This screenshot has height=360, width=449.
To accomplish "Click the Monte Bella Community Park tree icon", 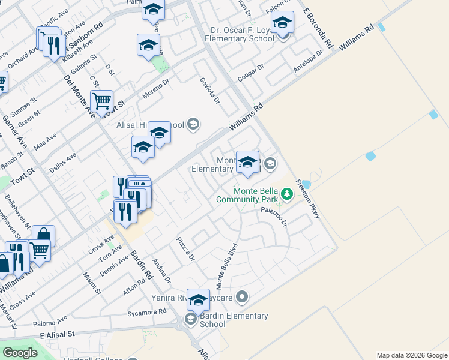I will click(288, 193).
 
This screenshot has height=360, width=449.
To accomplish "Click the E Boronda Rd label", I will click(318, 29).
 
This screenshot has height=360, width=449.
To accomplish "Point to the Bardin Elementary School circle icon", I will click(191, 319).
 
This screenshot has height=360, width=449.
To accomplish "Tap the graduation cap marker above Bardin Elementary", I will click(198, 299).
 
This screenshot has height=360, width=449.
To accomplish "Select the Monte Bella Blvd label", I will click(228, 264).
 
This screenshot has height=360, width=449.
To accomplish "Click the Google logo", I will click(20, 353).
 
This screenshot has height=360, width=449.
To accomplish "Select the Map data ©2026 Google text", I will click(412, 355).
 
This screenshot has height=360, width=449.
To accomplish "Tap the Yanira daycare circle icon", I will click(242, 296).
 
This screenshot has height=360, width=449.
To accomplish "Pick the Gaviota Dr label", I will click(210, 90).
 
